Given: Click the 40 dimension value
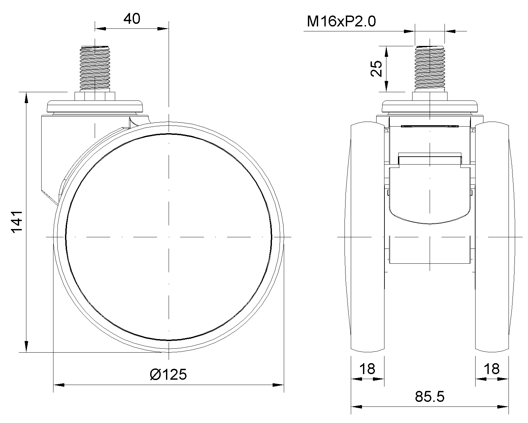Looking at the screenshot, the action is click(x=132, y=19).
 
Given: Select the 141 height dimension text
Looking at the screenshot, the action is click(x=17, y=221).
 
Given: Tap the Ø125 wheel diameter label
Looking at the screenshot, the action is click(x=168, y=374).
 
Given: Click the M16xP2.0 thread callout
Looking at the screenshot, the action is click(x=341, y=21).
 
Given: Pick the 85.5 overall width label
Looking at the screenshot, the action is click(x=430, y=397).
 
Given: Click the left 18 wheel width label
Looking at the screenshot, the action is click(x=367, y=369).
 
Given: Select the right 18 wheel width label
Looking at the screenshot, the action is click(x=492, y=369).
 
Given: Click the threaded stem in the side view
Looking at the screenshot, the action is click(x=95, y=68).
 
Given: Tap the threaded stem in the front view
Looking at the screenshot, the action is click(x=430, y=68).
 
